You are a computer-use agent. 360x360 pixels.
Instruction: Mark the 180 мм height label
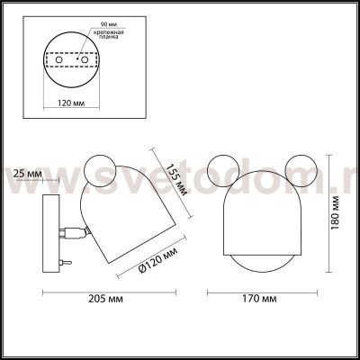336,211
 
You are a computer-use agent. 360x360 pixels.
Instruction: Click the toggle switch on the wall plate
64,260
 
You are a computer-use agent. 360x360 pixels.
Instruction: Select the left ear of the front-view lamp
220,166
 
